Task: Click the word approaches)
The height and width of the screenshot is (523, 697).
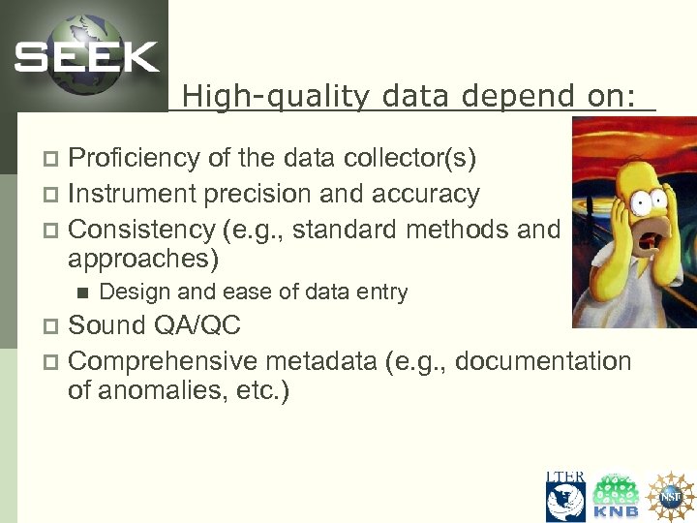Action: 143,260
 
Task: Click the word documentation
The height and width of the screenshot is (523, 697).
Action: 542,361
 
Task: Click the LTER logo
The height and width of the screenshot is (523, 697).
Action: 565,497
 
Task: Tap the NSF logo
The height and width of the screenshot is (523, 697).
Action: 671,497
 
